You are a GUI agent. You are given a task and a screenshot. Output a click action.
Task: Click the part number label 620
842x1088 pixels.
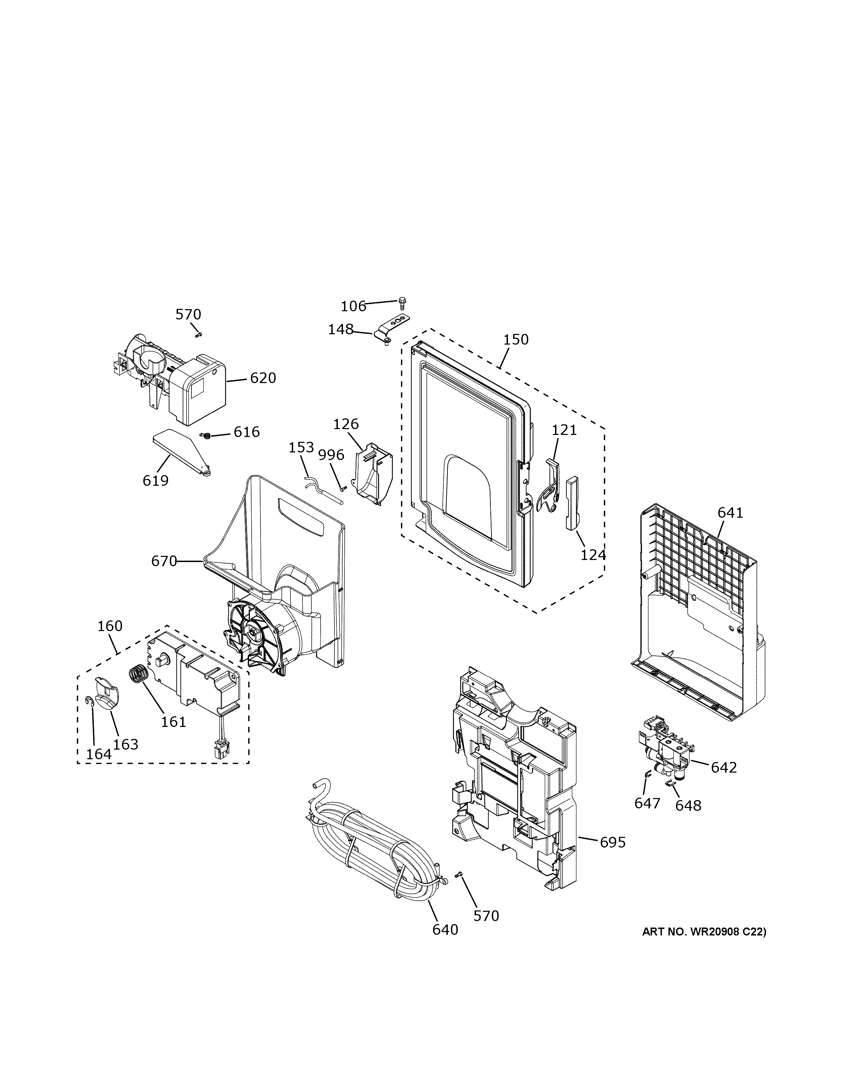point(263,378)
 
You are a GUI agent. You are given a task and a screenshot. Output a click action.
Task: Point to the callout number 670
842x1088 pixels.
point(164,561)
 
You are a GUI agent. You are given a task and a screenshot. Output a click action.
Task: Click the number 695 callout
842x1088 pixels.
point(612,842)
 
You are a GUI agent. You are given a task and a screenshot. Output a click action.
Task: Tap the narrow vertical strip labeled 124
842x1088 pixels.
point(572,502)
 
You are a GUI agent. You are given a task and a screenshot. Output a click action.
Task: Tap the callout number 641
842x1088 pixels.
point(730,512)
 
